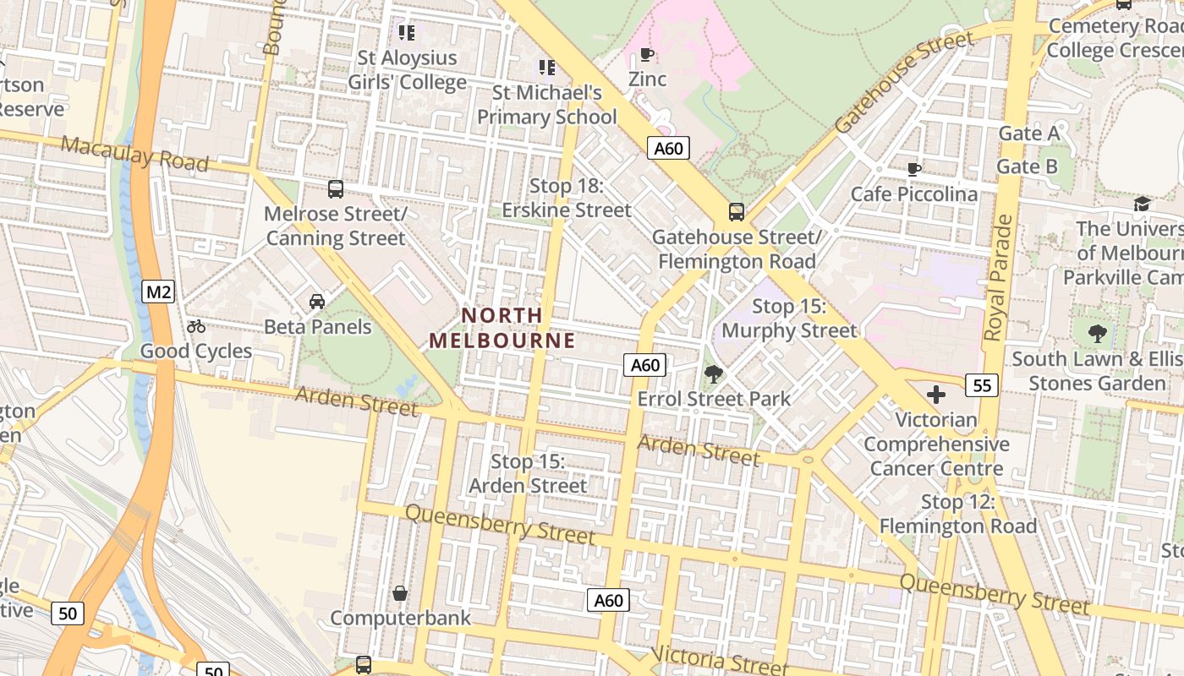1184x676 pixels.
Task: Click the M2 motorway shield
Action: click(158, 292)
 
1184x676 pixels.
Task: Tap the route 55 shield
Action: click(981, 385)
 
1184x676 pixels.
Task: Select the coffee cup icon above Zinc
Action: click(647, 55)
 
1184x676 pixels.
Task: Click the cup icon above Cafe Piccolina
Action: click(913, 169)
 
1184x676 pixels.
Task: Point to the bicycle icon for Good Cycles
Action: click(196, 326)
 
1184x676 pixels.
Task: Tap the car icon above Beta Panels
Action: click(317, 302)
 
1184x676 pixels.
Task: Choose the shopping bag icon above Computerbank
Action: click(400, 593)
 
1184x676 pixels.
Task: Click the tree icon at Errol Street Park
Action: click(713, 373)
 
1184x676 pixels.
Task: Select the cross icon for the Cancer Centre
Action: click(935, 395)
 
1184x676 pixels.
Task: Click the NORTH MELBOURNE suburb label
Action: click(502, 328)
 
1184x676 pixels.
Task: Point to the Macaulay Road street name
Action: click(134, 153)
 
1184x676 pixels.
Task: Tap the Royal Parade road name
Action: click(1000, 278)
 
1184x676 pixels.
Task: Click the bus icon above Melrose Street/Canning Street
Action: click(336, 188)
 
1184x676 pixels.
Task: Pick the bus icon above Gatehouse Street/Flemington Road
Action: click(736, 211)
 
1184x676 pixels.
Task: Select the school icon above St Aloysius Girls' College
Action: click(407, 33)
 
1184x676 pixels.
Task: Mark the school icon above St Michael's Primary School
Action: click(547, 67)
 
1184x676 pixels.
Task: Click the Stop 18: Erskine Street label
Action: click(567, 198)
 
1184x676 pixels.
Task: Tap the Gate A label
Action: click(1028, 133)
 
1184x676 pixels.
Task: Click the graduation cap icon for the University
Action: click(1142, 204)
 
